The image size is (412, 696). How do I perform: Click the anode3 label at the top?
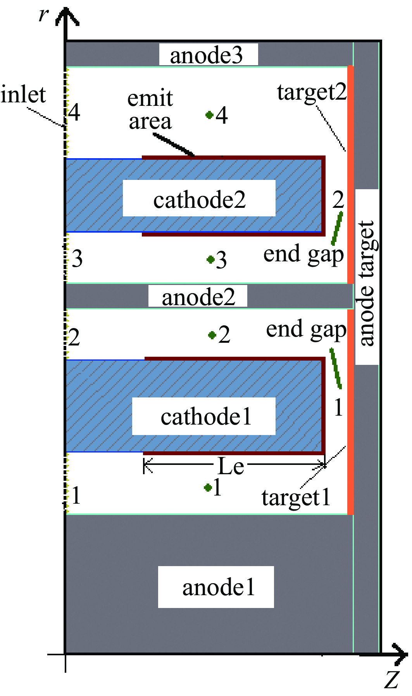click(x=207, y=55)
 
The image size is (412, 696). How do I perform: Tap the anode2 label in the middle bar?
click(x=198, y=297)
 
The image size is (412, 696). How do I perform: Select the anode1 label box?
click(x=218, y=587)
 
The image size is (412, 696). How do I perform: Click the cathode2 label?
click(x=199, y=199)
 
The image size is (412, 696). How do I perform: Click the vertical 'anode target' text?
click(x=367, y=283)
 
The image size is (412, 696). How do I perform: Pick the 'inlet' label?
click(x=23, y=95)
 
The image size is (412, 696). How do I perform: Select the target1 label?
click(x=296, y=497)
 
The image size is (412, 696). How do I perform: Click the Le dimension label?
click(x=231, y=466)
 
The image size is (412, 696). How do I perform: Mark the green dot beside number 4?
click(x=210, y=115)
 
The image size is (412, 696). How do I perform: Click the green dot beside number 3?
click(x=211, y=259)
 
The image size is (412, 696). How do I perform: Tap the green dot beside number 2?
click(x=212, y=335)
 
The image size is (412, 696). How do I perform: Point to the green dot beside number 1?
click(x=208, y=487)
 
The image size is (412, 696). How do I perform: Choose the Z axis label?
click(x=392, y=680)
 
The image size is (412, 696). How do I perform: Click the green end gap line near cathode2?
click(x=337, y=228)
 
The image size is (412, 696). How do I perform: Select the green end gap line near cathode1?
click(x=336, y=368)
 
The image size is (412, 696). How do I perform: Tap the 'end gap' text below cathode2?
click(x=303, y=254)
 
